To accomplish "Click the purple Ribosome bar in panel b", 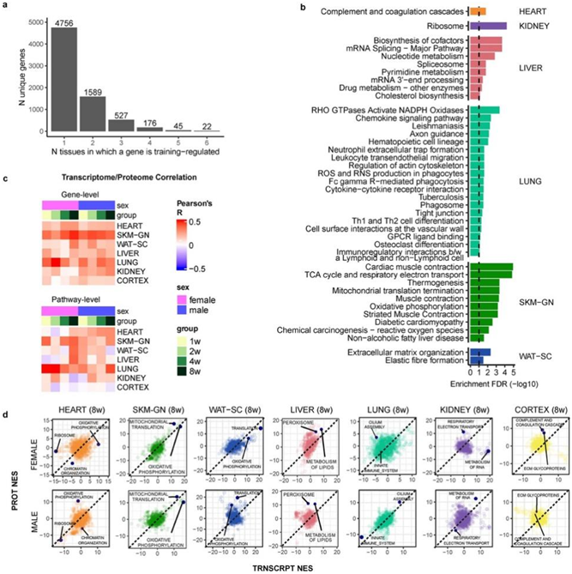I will coord(487,26).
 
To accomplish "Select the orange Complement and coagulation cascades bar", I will coord(477,11).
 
